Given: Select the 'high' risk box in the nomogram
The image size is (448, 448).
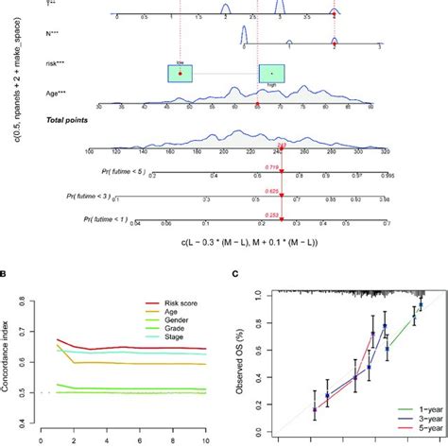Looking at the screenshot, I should [x=271, y=72].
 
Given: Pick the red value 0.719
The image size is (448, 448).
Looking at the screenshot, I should [x=272, y=165].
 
